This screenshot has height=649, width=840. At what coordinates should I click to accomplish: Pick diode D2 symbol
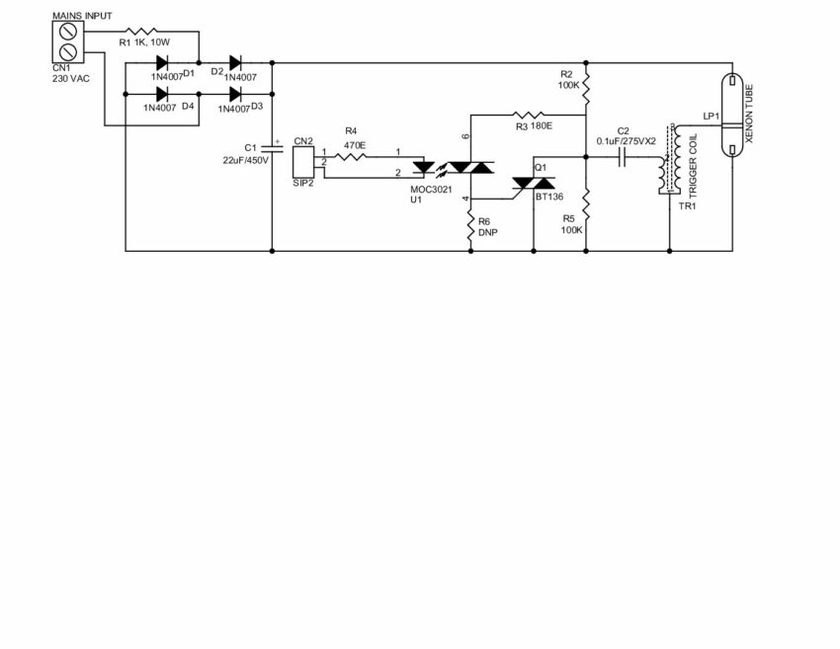point(236,63)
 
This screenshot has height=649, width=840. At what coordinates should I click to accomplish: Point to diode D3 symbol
point(236,94)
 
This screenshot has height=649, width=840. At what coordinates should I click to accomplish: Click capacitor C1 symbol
point(272,149)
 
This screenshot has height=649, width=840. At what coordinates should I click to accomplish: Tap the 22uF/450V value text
point(242,160)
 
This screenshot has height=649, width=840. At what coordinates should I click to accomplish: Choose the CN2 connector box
point(303,160)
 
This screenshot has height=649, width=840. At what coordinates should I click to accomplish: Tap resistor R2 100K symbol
point(586,86)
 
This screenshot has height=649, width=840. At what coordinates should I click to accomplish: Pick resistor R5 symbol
point(586,205)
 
